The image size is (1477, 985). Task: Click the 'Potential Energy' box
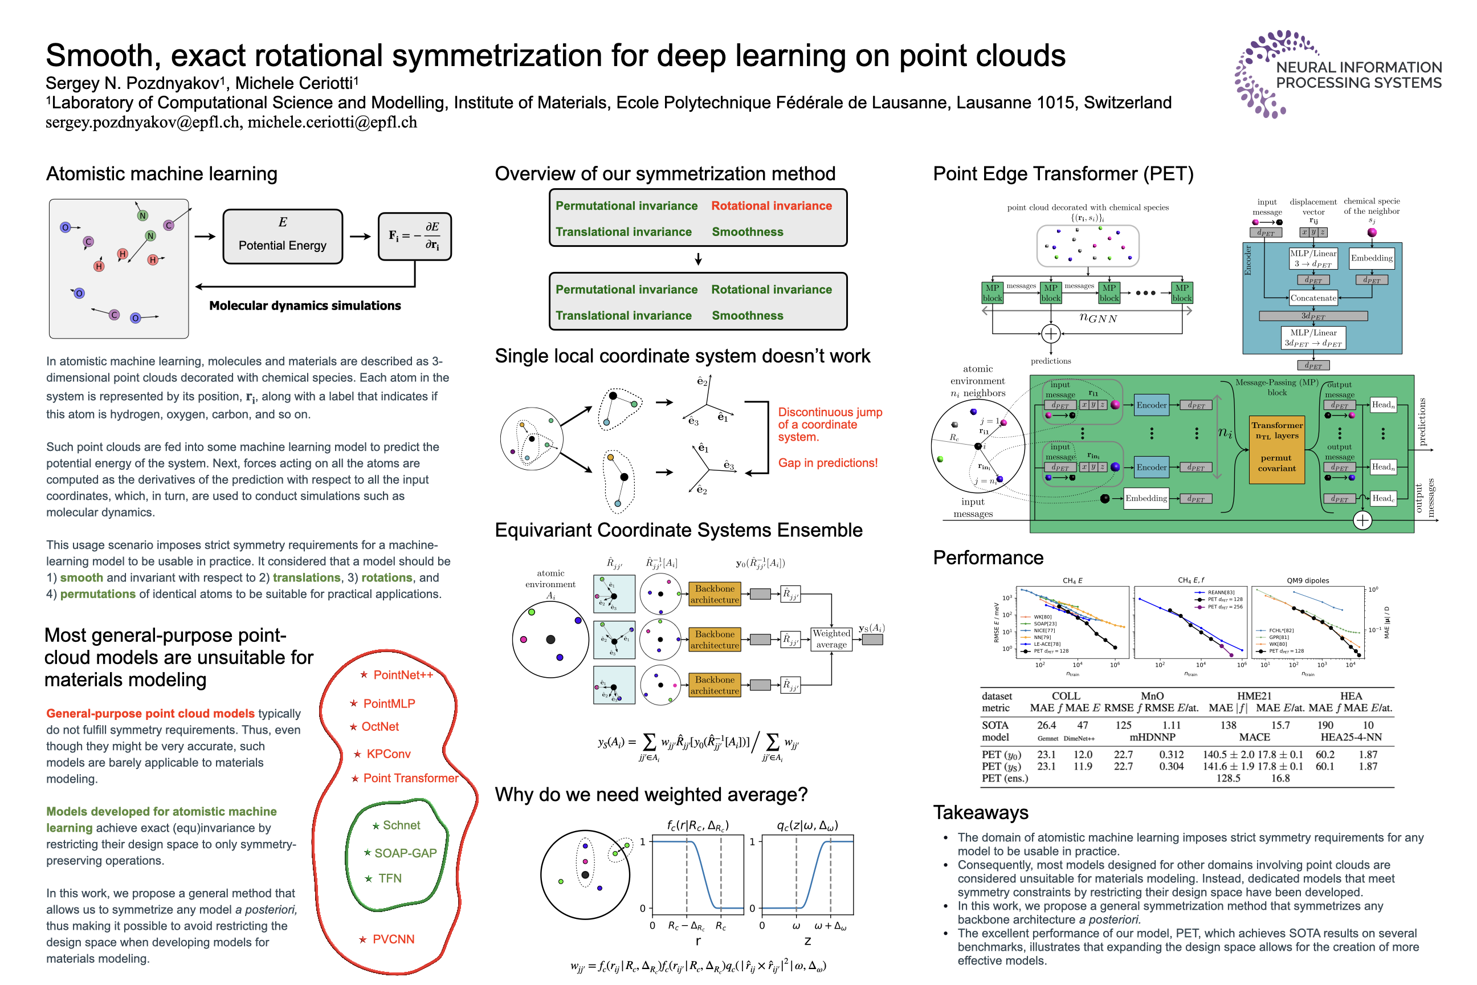(x=283, y=236)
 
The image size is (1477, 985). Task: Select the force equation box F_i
(x=414, y=236)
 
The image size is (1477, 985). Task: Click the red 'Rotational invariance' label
(x=771, y=206)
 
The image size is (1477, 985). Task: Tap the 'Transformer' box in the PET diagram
(x=1276, y=449)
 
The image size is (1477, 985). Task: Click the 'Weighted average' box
(x=831, y=638)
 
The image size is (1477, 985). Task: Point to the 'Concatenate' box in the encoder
(x=1313, y=298)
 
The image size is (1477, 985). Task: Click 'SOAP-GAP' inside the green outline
(x=405, y=853)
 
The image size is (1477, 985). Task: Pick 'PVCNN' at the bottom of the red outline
(x=393, y=939)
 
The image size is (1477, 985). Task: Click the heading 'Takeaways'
(x=980, y=812)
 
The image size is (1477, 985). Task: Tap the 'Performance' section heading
(x=988, y=558)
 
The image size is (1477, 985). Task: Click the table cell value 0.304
(x=1171, y=766)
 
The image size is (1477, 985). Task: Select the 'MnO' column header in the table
(x=1152, y=696)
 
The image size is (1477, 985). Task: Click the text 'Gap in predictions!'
(x=827, y=463)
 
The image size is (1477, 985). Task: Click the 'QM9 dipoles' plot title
(x=1307, y=580)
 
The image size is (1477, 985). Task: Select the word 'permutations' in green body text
(x=98, y=595)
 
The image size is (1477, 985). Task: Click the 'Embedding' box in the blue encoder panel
(x=1372, y=258)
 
